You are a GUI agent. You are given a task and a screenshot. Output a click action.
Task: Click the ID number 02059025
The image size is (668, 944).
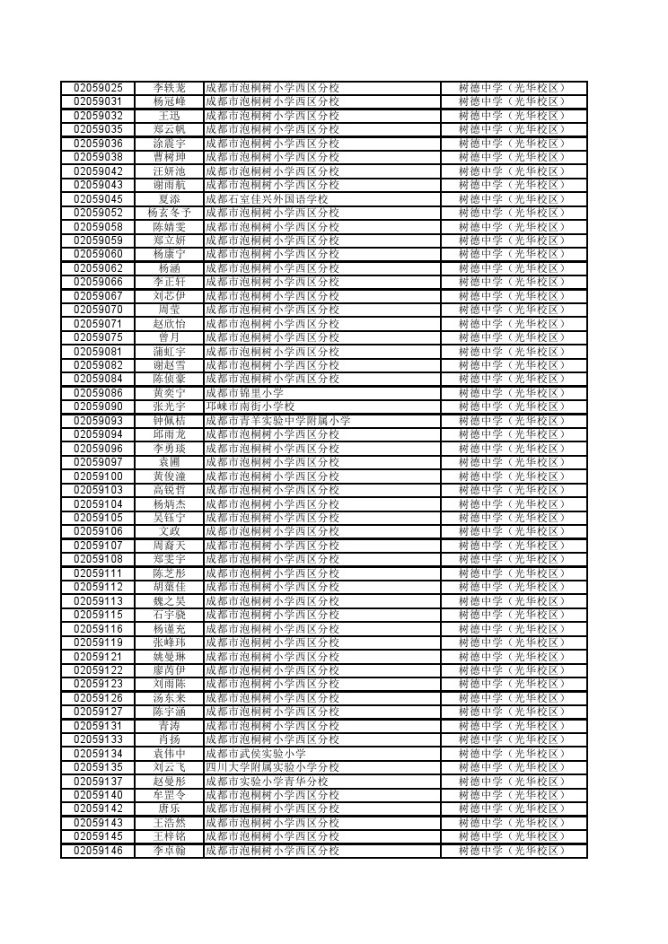[98, 88]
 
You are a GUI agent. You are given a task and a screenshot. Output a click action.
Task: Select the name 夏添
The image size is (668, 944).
[169, 199]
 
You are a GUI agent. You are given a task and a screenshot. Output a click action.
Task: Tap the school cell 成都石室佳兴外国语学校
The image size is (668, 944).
[267, 199]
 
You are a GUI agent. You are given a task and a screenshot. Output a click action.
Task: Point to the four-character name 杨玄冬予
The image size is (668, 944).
[169, 213]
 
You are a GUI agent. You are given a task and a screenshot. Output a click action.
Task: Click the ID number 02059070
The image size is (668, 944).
[98, 310]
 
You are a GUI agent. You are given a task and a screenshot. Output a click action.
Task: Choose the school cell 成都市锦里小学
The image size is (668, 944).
[244, 393]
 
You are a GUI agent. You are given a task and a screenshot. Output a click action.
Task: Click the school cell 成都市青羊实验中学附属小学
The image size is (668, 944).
[277, 421]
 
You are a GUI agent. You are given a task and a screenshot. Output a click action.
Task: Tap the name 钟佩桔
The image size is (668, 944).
[169, 421]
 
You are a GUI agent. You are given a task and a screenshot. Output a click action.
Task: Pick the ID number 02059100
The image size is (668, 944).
[98, 476]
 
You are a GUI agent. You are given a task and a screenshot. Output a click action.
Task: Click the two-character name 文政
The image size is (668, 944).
[169, 532]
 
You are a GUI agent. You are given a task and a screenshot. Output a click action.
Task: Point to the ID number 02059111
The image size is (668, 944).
[98, 573]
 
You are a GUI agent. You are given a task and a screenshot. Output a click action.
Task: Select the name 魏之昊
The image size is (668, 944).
[169, 601]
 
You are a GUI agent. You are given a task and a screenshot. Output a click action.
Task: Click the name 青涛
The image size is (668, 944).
[169, 726]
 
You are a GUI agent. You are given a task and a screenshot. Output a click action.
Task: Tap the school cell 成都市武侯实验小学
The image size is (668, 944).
[255, 754]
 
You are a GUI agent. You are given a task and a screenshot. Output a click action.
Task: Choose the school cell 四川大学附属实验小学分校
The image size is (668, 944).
[272, 768]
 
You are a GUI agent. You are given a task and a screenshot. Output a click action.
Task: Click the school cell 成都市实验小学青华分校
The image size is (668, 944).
[267, 782]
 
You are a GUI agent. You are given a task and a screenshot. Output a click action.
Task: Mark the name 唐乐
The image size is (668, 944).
[169, 809]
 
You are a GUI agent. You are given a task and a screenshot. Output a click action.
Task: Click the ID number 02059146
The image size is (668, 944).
[98, 851]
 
